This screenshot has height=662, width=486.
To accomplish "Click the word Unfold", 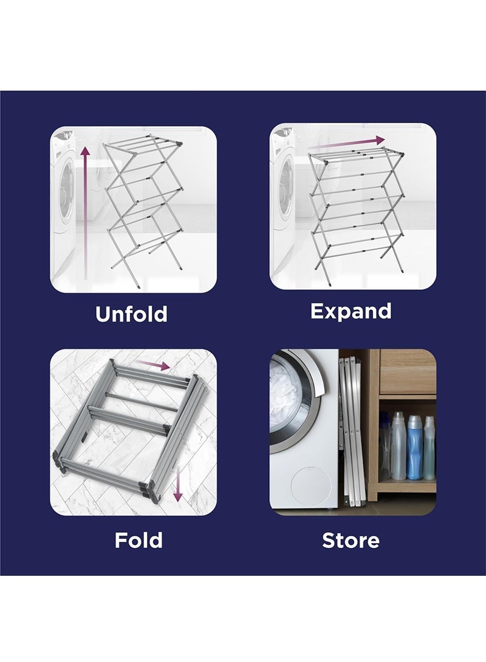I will [x=131, y=314].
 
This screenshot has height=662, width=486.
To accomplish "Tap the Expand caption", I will [x=351, y=311].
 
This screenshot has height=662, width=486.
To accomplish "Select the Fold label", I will [x=139, y=539].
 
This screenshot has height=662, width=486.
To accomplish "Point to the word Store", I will [x=351, y=539].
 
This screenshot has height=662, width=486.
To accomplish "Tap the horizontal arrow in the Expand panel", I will [x=346, y=143].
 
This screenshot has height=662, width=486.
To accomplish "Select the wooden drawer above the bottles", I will [x=408, y=371].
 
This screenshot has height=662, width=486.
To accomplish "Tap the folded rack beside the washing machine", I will [x=351, y=431].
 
